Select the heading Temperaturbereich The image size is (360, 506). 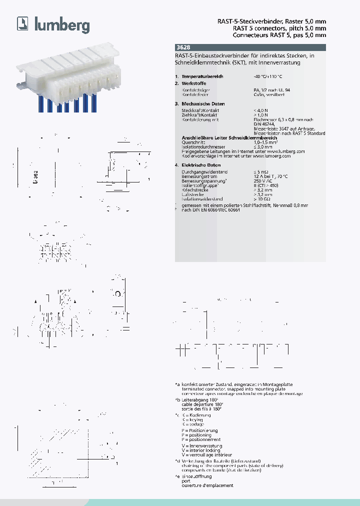click(x=202, y=76)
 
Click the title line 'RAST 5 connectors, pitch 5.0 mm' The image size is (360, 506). click(x=279, y=28)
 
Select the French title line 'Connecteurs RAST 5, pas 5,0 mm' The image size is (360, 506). click(x=279, y=35)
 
